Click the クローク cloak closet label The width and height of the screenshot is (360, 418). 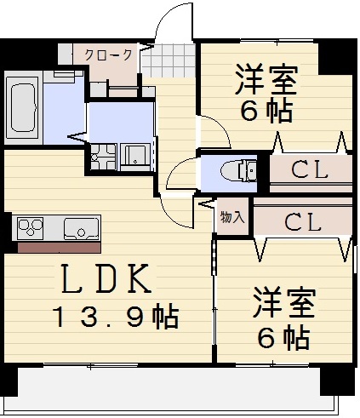[108, 54]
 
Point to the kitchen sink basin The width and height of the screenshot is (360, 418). [82, 227]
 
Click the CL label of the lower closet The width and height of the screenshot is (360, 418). [301, 223]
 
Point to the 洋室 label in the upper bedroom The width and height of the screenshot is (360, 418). [266, 83]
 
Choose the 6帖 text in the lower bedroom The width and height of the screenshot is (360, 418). [283, 338]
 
